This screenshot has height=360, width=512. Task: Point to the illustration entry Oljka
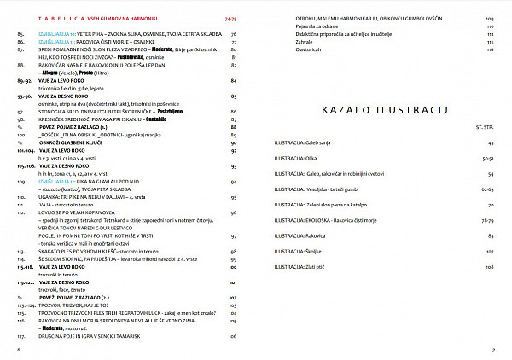(x=305, y=157)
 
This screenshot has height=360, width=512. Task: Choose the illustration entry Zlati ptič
(x=309, y=267)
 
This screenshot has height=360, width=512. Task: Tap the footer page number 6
(x=19, y=349)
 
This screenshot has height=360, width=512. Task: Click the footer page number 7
(x=492, y=349)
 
